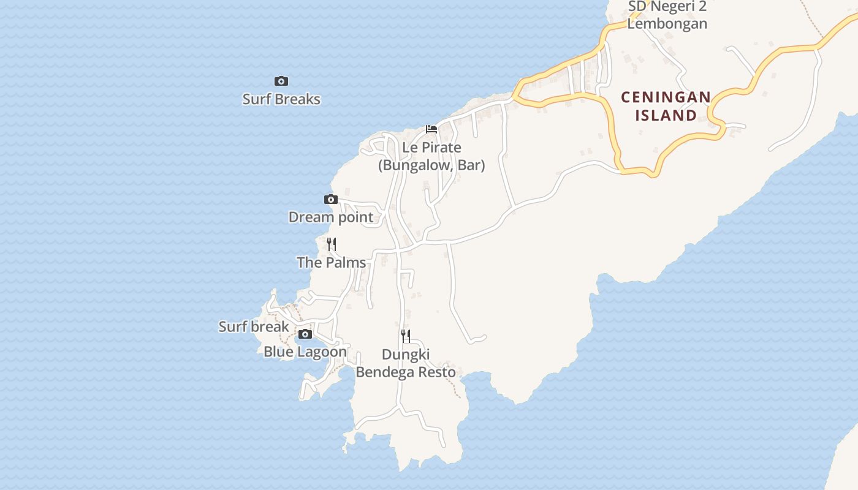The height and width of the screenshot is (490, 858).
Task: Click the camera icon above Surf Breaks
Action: [x=281, y=81]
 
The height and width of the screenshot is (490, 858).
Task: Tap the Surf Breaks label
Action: [x=281, y=99]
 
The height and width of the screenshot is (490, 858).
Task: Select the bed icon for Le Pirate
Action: [x=431, y=129]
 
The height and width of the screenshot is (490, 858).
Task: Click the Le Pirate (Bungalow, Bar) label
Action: [x=431, y=156]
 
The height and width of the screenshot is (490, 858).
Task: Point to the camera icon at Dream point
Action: [x=331, y=199]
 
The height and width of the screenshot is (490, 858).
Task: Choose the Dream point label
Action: [x=331, y=217]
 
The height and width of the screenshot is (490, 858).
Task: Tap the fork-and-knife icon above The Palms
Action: [x=332, y=244]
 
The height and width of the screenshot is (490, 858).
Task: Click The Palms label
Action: [x=332, y=262]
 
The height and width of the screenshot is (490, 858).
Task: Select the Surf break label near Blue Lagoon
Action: [x=254, y=326]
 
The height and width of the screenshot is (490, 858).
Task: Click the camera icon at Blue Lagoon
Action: [x=305, y=334]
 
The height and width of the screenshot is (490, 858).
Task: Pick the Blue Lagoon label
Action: [x=305, y=352]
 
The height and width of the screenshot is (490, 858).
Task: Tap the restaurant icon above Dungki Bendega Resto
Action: [x=406, y=335]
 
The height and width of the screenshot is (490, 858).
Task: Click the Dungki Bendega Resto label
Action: [x=406, y=363]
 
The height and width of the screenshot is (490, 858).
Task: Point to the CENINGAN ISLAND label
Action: [x=666, y=106]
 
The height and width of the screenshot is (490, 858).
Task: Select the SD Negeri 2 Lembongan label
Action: [x=667, y=15]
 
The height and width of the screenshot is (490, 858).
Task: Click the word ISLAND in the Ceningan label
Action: [x=666, y=115]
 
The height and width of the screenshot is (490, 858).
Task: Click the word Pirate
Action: [x=441, y=148]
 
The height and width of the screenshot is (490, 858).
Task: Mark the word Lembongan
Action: [x=667, y=24]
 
